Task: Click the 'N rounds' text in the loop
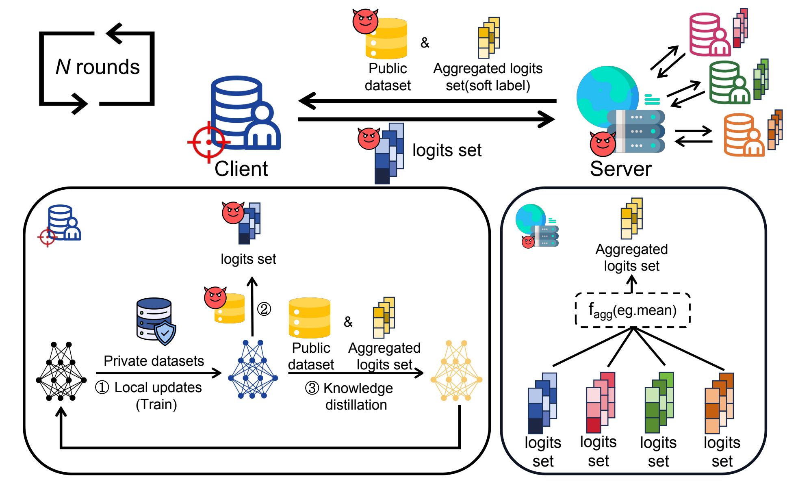pyautogui.click(x=98, y=67)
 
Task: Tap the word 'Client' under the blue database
pyautogui.click(x=241, y=169)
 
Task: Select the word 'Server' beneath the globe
pyautogui.click(x=620, y=169)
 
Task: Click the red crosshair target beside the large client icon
pyautogui.click(x=208, y=142)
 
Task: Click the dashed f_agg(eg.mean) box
pyautogui.click(x=633, y=310)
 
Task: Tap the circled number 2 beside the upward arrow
pyautogui.click(x=264, y=309)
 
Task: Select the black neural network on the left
pyautogui.click(x=61, y=371)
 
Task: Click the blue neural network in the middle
pyautogui.click(x=253, y=369)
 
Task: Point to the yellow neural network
pyautogui.click(x=456, y=371)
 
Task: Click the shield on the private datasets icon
pyautogui.click(x=165, y=333)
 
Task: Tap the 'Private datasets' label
pyautogui.click(x=154, y=361)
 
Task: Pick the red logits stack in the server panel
pyautogui.click(x=600, y=402)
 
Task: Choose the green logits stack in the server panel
pyautogui.click(x=659, y=402)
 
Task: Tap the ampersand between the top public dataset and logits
pyautogui.click(x=425, y=42)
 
